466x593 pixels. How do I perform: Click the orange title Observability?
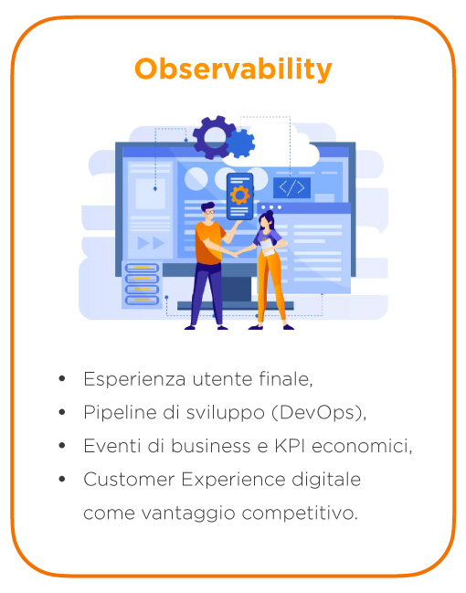click(233, 69)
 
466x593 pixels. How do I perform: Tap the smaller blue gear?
click(240, 143)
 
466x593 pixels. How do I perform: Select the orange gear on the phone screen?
click(240, 195)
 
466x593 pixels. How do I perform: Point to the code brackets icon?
click(291, 188)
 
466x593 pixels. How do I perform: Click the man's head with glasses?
click(209, 211)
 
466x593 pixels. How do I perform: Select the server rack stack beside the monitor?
click(142, 283)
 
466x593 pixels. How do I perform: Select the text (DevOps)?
click(318, 413)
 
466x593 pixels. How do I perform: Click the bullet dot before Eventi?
click(62, 446)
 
